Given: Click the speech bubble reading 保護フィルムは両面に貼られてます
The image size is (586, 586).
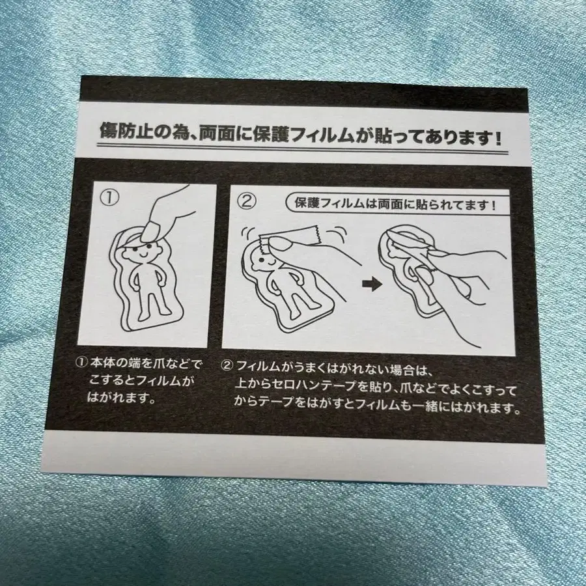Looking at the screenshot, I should [393, 204].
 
